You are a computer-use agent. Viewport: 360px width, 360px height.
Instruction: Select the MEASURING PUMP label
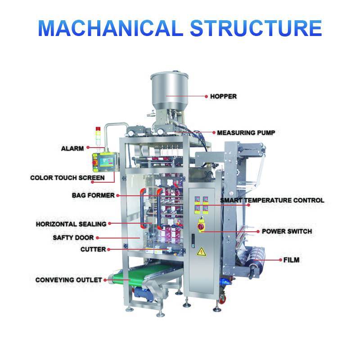(x=246, y=133)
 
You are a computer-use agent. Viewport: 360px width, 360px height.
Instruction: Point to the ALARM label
(x=72, y=148)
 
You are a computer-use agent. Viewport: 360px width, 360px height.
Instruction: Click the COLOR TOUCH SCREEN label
(x=67, y=178)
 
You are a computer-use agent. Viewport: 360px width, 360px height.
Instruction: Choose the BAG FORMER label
(x=93, y=195)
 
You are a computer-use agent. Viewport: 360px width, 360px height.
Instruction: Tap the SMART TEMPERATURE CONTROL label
(x=272, y=200)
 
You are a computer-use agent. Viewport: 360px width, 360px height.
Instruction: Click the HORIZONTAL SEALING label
(x=71, y=224)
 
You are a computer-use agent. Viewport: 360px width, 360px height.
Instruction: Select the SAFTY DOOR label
(x=73, y=237)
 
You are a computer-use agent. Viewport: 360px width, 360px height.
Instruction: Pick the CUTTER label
(x=93, y=249)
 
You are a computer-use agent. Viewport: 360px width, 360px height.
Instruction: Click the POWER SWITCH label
(x=287, y=232)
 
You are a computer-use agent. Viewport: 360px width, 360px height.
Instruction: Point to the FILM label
(x=291, y=260)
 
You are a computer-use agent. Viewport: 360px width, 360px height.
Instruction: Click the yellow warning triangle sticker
(x=202, y=251)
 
